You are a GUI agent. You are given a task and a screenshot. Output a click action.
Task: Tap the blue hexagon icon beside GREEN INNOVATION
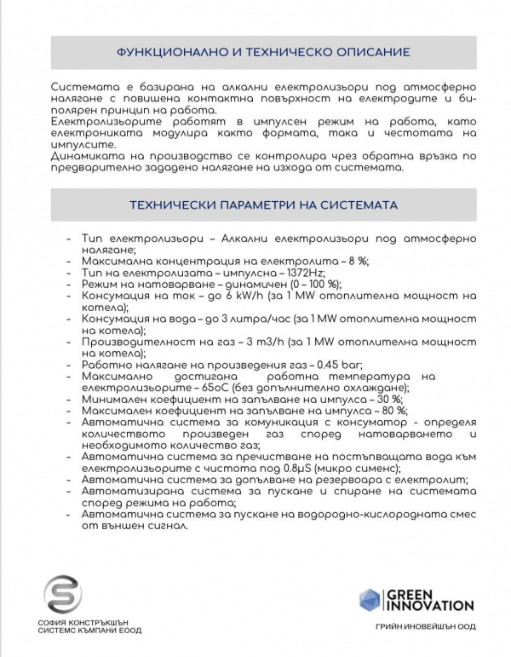[x=369, y=600]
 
